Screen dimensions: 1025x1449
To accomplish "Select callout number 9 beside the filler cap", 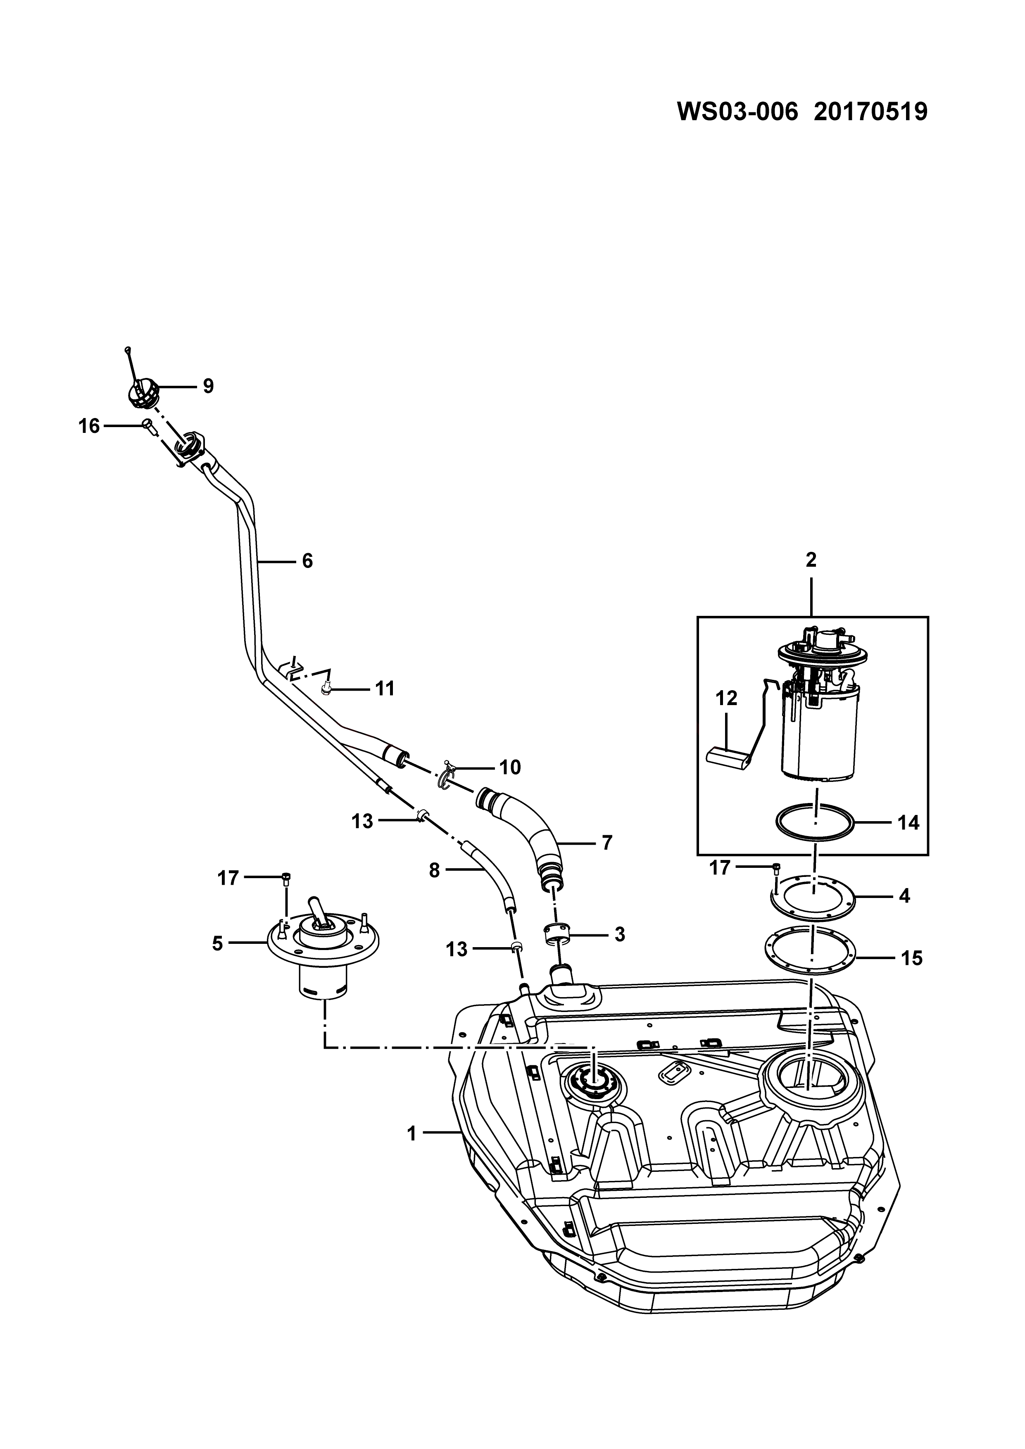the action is pyautogui.click(x=208, y=386).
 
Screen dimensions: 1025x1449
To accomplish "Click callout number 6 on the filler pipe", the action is pyautogui.click(x=307, y=561).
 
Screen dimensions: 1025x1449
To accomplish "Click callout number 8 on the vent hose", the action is pyautogui.click(x=434, y=871).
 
